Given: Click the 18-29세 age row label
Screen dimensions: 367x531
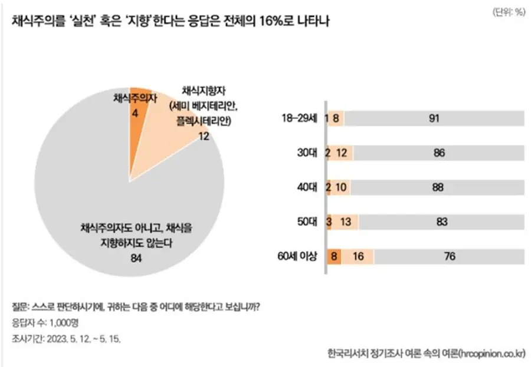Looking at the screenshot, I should [x=300, y=118].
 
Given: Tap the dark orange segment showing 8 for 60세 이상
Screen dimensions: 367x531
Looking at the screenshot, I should [x=335, y=257].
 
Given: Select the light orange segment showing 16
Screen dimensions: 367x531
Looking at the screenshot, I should [x=358, y=257].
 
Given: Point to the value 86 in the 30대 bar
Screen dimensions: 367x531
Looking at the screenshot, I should [x=438, y=153].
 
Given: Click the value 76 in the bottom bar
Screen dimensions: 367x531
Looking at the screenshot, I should [x=448, y=257].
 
